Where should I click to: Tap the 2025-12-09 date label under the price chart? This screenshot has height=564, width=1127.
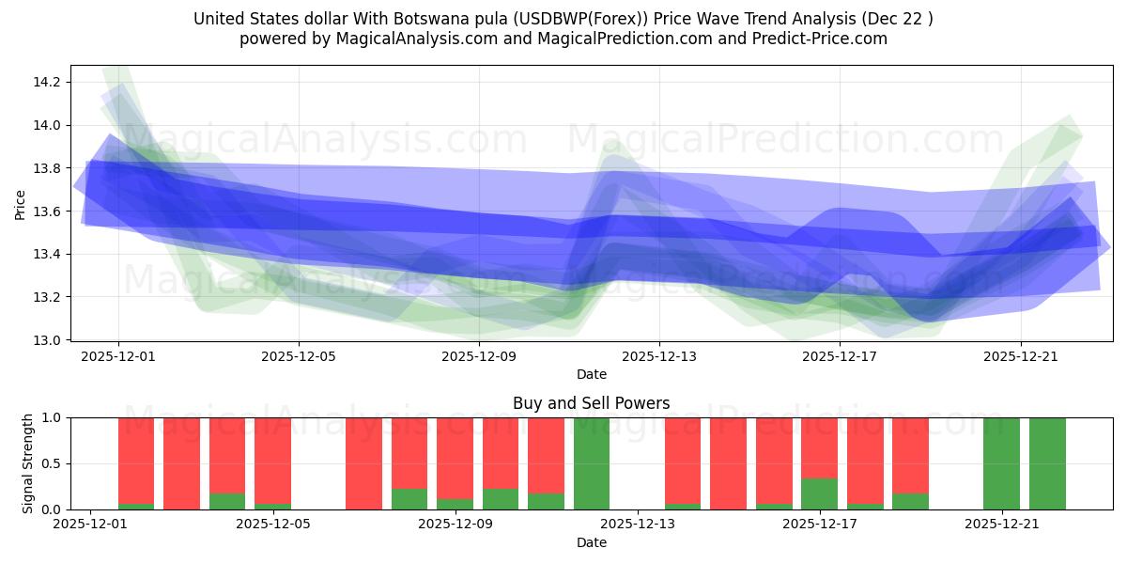[x=479, y=356]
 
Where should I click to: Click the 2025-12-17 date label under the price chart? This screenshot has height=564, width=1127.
[x=840, y=356]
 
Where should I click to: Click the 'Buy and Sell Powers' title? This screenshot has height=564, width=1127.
[x=592, y=403]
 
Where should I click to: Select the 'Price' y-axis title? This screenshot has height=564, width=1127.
[x=20, y=203]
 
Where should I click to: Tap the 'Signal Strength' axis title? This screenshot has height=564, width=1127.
[x=28, y=463]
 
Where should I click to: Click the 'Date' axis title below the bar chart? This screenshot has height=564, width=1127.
[x=592, y=542]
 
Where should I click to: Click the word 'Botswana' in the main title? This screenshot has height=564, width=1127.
[x=395, y=19]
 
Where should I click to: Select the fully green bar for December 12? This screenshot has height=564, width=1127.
[x=592, y=463]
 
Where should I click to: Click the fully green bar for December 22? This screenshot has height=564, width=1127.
[x=1047, y=463]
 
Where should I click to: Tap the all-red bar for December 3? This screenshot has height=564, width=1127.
[x=181, y=463]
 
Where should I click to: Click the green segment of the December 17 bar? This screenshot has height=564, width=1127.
[x=820, y=493]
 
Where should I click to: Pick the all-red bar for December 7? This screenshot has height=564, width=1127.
[x=363, y=463]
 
